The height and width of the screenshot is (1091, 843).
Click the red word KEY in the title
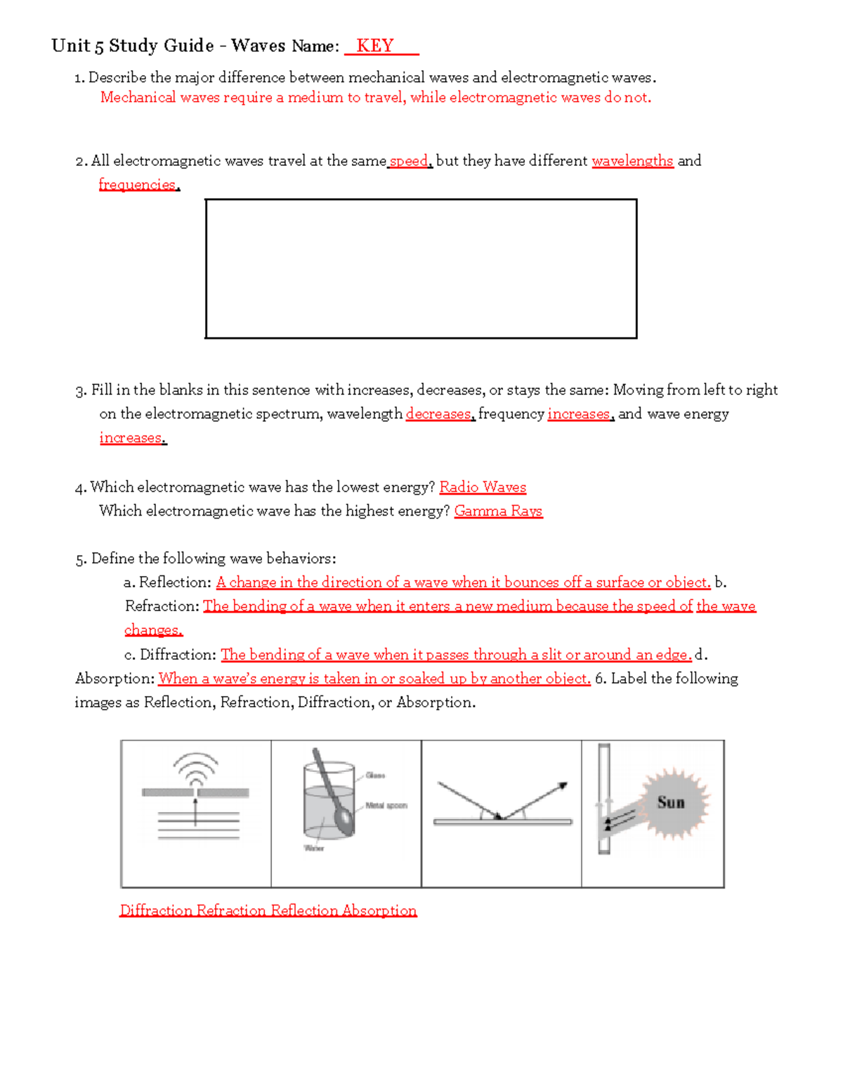(374, 46)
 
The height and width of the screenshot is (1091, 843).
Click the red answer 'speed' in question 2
(409, 161)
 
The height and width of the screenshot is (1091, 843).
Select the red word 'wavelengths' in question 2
(632, 161)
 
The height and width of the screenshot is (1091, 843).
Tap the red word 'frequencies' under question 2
(138, 185)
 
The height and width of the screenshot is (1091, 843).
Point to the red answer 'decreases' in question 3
(438, 414)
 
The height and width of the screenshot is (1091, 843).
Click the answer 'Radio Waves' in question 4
(483, 487)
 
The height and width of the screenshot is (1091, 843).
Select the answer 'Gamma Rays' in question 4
(498, 511)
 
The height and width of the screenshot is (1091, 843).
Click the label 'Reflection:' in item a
(175, 582)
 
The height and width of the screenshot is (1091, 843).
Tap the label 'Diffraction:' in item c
(178, 655)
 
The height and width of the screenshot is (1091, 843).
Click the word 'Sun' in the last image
(670, 802)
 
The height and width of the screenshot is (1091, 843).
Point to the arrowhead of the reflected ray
(563, 786)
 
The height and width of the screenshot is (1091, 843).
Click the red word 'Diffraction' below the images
(156, 910)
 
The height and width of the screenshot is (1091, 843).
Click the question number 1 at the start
(79, 78)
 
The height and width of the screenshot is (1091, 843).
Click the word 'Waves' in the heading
(258, 46)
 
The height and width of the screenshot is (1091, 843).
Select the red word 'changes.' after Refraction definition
(153, 630)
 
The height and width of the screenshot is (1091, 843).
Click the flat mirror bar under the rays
(502, 821)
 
